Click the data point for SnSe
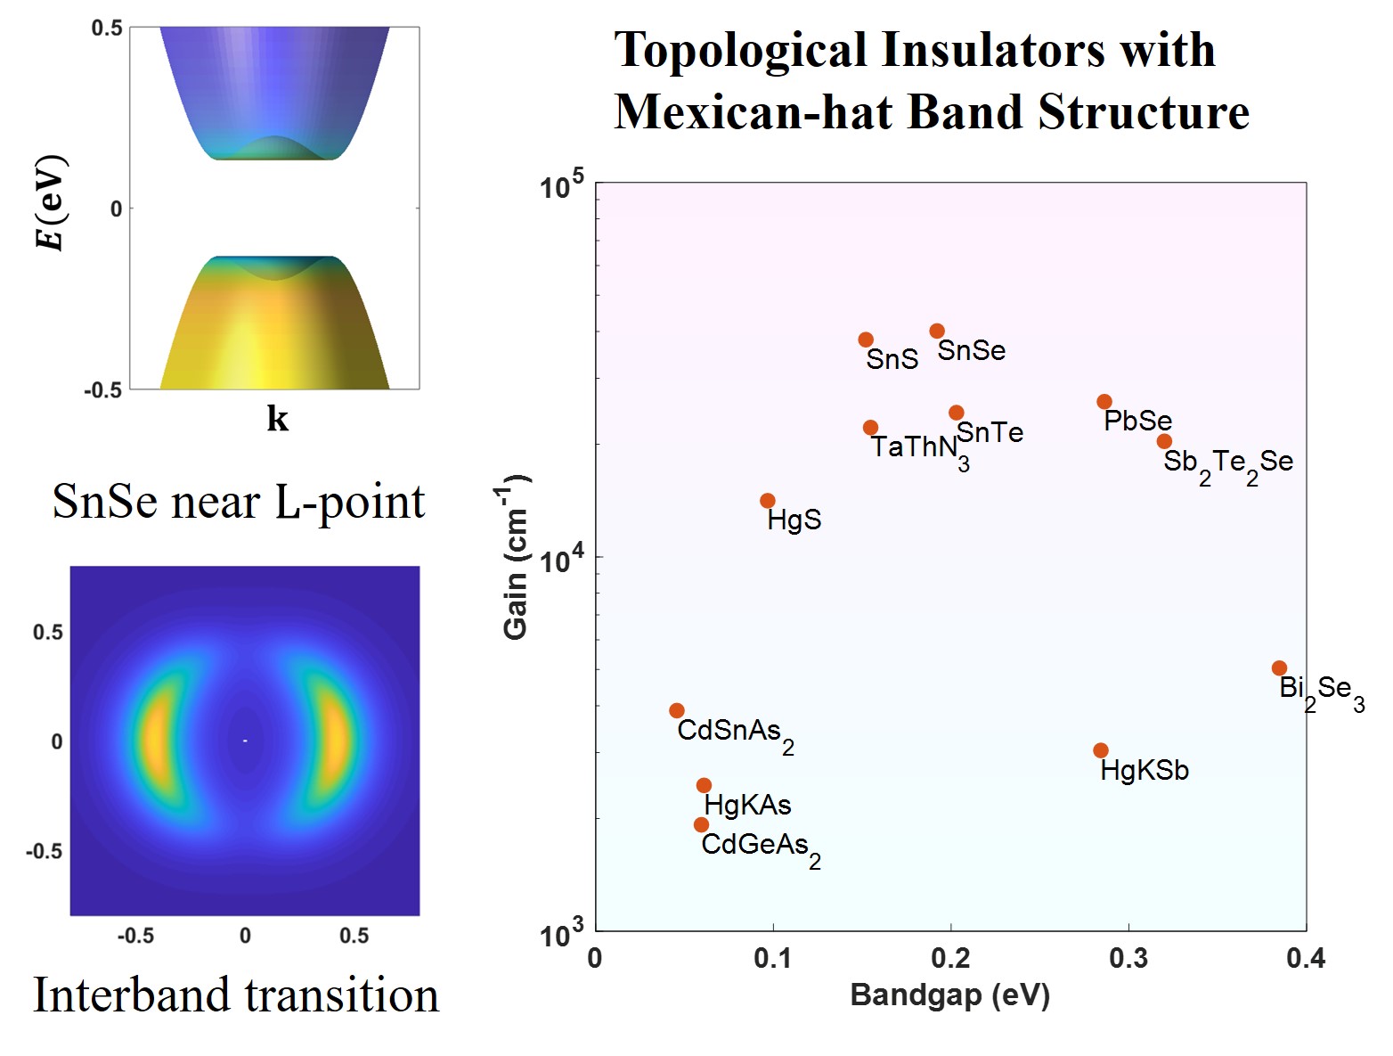pos(937,332)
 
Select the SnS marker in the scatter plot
pos(866,340)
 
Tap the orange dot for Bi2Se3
pos(1279,668)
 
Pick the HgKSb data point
pos(1101,750)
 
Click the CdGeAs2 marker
pos(702,825)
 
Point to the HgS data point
pos(768,501)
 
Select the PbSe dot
pos(1104,402)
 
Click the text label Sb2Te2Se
pos(1227,463)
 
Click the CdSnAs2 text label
pos(734,733)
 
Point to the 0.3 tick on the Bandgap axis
pos(1128,958)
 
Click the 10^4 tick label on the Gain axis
pos(561,560)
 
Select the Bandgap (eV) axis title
pos(949,995)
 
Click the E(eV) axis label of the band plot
pos(52,203)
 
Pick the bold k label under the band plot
pos(277,418)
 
